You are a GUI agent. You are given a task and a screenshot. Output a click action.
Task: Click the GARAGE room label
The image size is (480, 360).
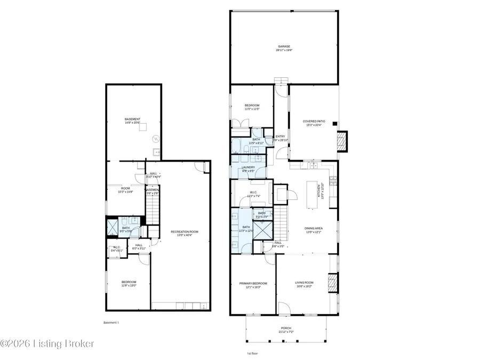click(284, 48)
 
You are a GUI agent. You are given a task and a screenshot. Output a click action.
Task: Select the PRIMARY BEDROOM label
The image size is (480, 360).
click(252, 285)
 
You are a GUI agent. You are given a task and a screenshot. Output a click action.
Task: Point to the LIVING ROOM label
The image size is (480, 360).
click(305, 284)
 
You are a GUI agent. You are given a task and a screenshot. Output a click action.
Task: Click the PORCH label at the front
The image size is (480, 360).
click(287, 330)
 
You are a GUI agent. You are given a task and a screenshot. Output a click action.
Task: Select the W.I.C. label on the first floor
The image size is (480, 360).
click(253, 194)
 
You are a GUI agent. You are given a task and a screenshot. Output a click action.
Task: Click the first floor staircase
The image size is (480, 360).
click(281, 223)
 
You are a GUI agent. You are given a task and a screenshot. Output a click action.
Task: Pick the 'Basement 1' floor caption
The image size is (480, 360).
click(111, 323)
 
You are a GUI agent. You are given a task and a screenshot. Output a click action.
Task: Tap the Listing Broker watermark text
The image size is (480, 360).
click(47, 344)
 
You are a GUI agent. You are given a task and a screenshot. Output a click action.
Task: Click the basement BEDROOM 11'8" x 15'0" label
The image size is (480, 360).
click(129, 284)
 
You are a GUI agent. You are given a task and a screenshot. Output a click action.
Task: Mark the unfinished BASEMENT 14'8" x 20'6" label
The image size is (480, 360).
click(132, 121)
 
